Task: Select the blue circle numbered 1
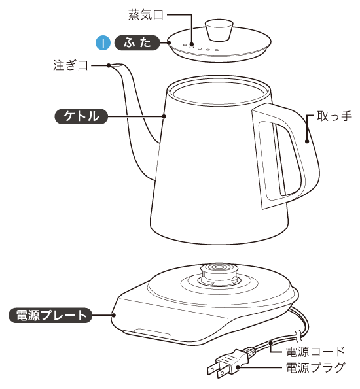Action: coord(103,43)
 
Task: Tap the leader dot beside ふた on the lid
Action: coord(168,43)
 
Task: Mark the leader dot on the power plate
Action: coord(113,316)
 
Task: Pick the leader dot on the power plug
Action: coord(240,368)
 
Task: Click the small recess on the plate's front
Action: coord(151,334)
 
